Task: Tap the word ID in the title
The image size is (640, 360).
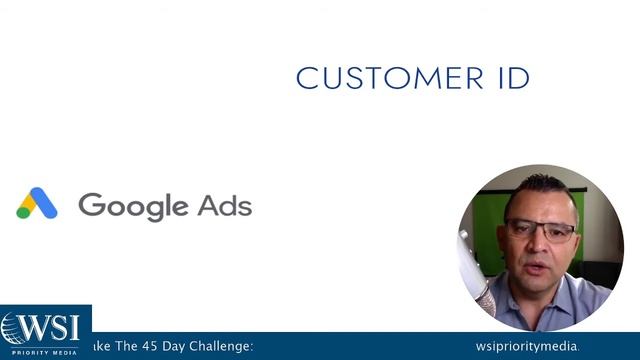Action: click(x=512, y=78)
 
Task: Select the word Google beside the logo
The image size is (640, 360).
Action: click(x=133, y=206)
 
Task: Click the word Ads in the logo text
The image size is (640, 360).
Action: click(x=224, y=205)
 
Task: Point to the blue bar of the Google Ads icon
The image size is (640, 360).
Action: click(x=43, y=202)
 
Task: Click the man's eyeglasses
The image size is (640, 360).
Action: click(x=540, y=230)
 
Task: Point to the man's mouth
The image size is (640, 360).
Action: click(x=537, y=264)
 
